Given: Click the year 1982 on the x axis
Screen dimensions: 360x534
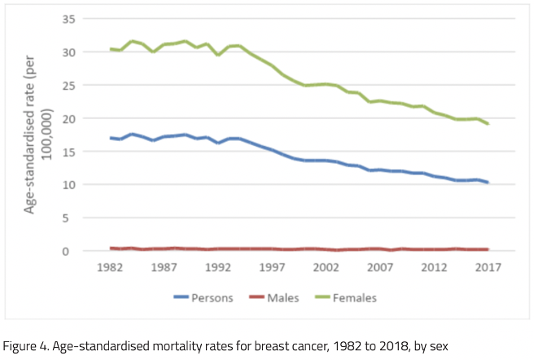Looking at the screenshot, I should (111, 267).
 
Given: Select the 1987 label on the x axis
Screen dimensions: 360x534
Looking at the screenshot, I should (164, 267).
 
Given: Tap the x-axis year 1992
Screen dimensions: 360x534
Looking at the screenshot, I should (217, 267).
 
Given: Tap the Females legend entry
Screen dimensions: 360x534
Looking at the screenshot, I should (357, 298).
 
